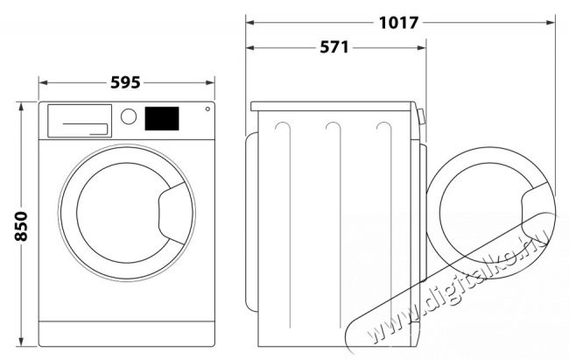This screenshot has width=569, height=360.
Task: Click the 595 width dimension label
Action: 125,82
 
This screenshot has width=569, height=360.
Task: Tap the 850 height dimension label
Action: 21,226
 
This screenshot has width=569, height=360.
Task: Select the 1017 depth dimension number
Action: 399,23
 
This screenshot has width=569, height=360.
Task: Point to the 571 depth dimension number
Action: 334,47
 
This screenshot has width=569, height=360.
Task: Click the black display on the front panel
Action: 162,118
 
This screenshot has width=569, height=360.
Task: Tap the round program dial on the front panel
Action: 129,116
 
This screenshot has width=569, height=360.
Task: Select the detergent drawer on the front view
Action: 80,121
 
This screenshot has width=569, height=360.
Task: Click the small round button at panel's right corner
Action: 207,109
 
